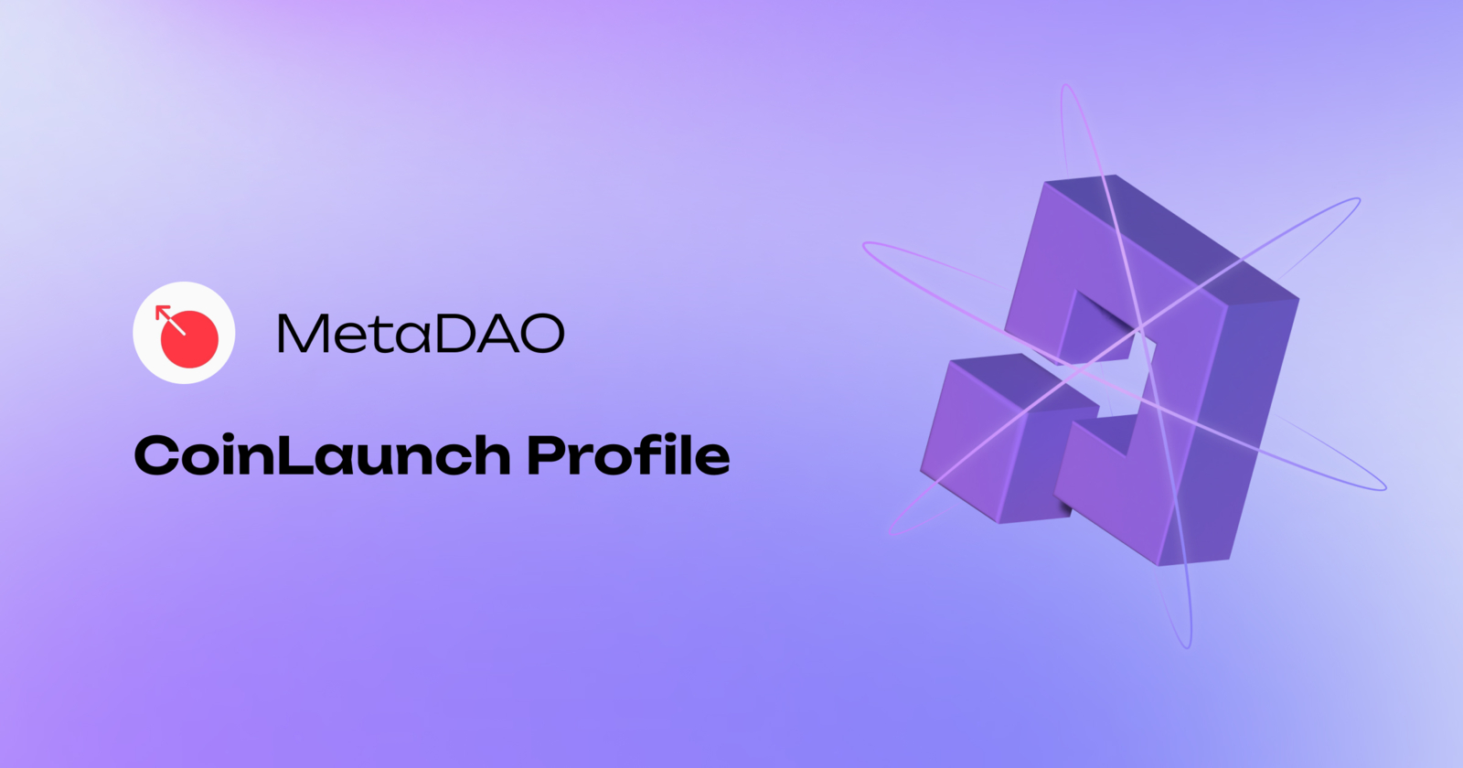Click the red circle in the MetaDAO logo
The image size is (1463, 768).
190,338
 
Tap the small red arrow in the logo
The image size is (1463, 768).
166,315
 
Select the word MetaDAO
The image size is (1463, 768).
421,334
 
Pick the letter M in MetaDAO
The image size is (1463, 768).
302,334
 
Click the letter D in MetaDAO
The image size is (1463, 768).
454,334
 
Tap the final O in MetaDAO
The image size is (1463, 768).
541,334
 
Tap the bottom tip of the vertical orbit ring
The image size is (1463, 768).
1187,645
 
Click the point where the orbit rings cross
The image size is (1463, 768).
1139,328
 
